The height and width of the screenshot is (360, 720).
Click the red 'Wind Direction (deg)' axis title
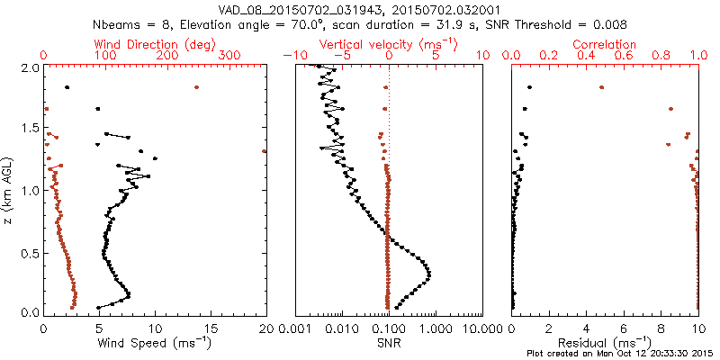(x=155, y=44)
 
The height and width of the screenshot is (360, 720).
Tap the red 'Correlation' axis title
(x=605, y=44)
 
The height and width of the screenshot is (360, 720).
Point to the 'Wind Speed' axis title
(x=156, y=343)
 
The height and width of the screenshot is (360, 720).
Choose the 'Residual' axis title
(x=605, y=343)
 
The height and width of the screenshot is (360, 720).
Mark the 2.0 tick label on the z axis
(x=29, y=67)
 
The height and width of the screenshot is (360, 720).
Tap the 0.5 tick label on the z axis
(x=29, y=251)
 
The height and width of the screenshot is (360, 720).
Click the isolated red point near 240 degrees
(x=196, y=87)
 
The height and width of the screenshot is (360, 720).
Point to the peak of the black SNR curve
(x=428, y=274)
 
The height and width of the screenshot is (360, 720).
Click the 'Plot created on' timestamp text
(x=620, y=354)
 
